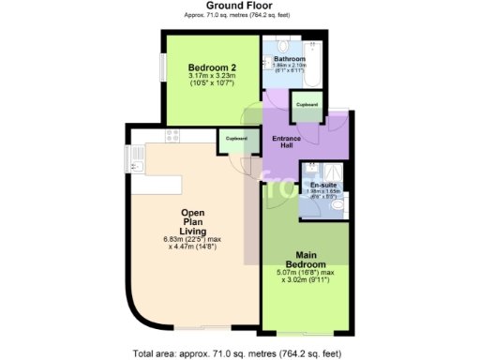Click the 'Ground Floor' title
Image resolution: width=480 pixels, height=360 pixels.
point(240,6)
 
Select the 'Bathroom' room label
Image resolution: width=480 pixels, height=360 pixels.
point(290,58)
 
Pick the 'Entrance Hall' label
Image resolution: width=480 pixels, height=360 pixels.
point(286,144)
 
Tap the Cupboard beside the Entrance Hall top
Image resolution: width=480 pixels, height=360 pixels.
point(307,104)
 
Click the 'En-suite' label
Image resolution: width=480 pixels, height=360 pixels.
point(323,186)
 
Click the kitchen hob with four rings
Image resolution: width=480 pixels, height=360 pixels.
point(172,137)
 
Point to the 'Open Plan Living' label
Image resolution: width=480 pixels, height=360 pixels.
point(192,225)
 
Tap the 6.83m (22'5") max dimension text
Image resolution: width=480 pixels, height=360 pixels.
point(192,240)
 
